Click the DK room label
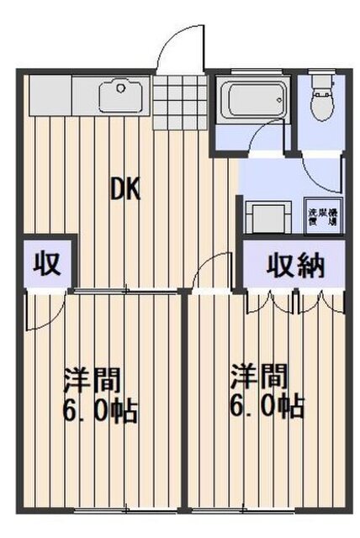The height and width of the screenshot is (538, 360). pyautogui.click(x=126, y=190)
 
